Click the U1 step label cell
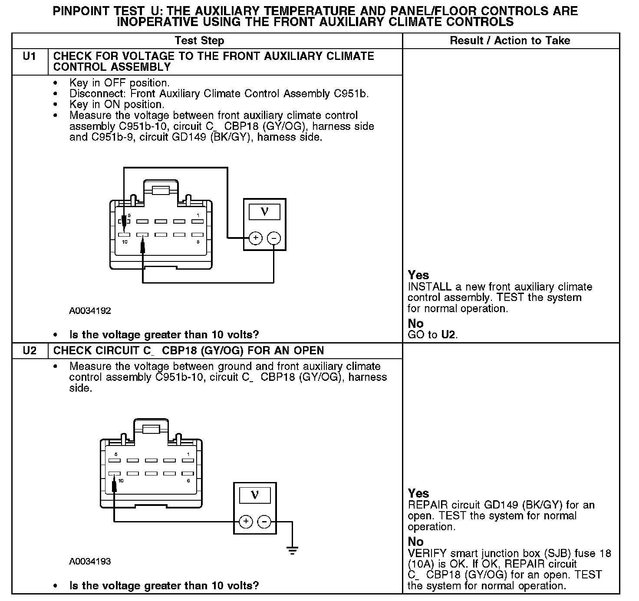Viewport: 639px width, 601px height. coord(30,56)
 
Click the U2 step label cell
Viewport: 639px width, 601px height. coord(30,351)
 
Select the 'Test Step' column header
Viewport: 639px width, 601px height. coord(199,41)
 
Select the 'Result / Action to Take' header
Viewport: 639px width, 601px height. coord(510,41)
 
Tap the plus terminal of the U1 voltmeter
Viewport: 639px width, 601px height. coord(255,238)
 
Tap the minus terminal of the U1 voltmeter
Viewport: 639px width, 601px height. coord(273,238)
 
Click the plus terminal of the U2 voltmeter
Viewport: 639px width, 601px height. coord(246,522)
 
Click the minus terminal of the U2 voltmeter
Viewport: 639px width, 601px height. coord(264,522)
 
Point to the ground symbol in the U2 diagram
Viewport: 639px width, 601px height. coord(293,550)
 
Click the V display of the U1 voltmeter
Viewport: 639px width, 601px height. coord(264,212)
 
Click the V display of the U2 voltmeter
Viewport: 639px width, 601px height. coord(255,495)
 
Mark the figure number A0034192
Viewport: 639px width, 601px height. coord(90,311)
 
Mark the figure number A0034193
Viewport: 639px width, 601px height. coord(90,561)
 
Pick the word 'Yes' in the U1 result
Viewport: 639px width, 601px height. coord(418,275)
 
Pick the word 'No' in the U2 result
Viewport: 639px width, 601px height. coord(415,542)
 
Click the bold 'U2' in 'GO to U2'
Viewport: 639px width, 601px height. coord(449,335)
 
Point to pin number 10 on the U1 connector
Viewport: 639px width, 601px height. coord(125,242)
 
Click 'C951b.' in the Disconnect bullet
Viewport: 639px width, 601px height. coord(351,94)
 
